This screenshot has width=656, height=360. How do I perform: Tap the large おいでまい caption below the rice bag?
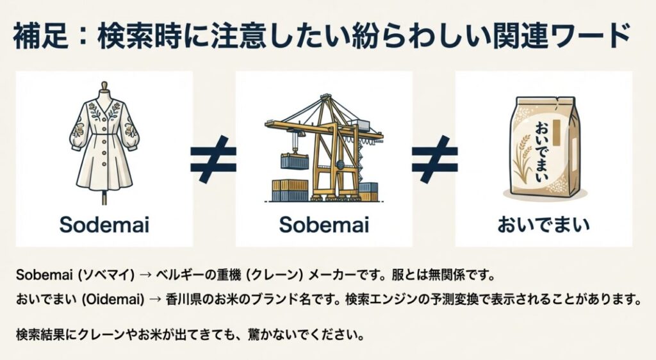[x=543, y=225]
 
